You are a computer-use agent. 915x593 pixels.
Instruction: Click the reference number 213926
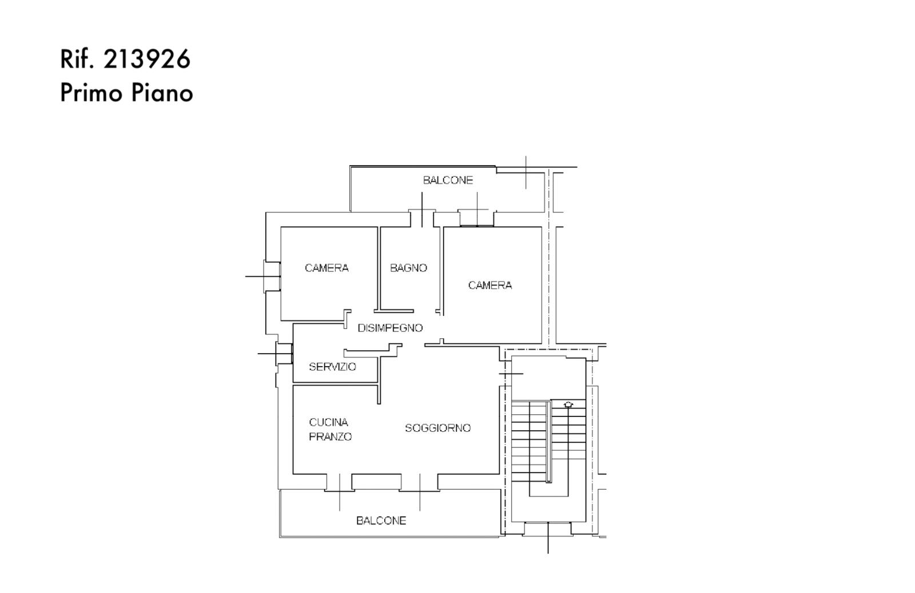pyautogui.click(x=146, y=59)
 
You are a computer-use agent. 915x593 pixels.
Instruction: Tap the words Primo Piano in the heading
pyautogui.click(x=126, y=93)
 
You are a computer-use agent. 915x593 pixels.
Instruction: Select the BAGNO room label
pyautogui.click(x=408, y=268)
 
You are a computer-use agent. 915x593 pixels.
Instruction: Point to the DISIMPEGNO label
pyautogui.click(x=390, y=328)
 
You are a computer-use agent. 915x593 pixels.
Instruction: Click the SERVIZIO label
pyautogui.click(x=332, y=367)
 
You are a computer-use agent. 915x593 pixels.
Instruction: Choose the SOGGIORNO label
pyautogui.click(x=438, y=428)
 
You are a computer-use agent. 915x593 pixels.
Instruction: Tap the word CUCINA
pyautogui.click(x=328, y=422)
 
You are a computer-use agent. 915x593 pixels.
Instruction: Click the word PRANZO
pyautogui.click(x=331, y=436)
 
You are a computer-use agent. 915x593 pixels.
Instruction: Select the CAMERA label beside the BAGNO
pyautogui.click(x=327, y=268)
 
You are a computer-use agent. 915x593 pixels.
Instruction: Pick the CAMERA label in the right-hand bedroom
pyautogui.click(x=490, y=285)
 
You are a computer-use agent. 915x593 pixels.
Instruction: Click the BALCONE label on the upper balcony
pyautogui.click(x=448, y=181)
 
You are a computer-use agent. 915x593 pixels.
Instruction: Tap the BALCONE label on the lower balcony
pyautogui.click(x=381, y=521)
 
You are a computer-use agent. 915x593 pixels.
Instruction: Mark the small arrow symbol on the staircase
pyautogui.click(x=568, y=404)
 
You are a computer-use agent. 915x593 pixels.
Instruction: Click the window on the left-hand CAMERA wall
pyautogui.click(x=272, y=277)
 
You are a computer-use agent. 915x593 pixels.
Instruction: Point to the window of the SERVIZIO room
pyautogui.click(x=284, y=354)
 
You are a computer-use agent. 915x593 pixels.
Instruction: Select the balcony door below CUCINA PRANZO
pyautogui.click(x=340, y=482)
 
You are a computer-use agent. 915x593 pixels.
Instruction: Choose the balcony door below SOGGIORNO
pyautogui.click(x=420, y=482)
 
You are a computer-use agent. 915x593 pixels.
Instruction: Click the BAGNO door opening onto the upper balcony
pyautogui.click(x=423, y=218)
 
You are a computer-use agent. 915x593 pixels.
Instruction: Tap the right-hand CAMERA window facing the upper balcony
pyautogui.click(x=477, y=218)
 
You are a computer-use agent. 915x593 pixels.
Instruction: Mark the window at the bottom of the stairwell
pyautogui.click(x=548, y=528)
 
